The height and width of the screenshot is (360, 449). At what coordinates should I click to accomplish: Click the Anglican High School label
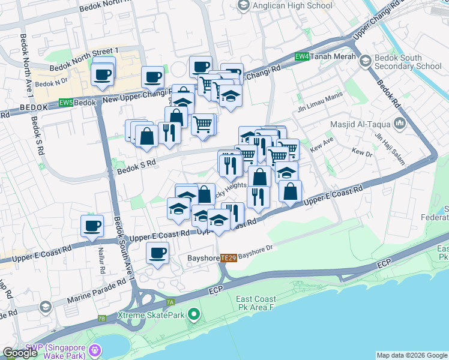[x=292, y=6]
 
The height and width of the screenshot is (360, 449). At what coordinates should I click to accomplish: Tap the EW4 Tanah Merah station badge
[x=303, y=57]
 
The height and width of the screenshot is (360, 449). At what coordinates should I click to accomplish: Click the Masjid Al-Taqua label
[x=362, y=125]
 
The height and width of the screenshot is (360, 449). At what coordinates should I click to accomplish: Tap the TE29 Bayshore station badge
[x=228, y=257]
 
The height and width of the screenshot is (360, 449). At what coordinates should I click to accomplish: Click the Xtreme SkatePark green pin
[x=193, y=314]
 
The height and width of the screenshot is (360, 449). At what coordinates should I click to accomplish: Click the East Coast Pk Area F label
[x=256, y=303]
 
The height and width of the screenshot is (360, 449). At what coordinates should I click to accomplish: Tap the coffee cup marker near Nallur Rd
[x=92, y=226]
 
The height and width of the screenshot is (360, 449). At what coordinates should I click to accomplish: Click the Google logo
[x=20, y=353]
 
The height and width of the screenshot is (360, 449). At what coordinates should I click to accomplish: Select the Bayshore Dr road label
[x=256, y=251]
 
